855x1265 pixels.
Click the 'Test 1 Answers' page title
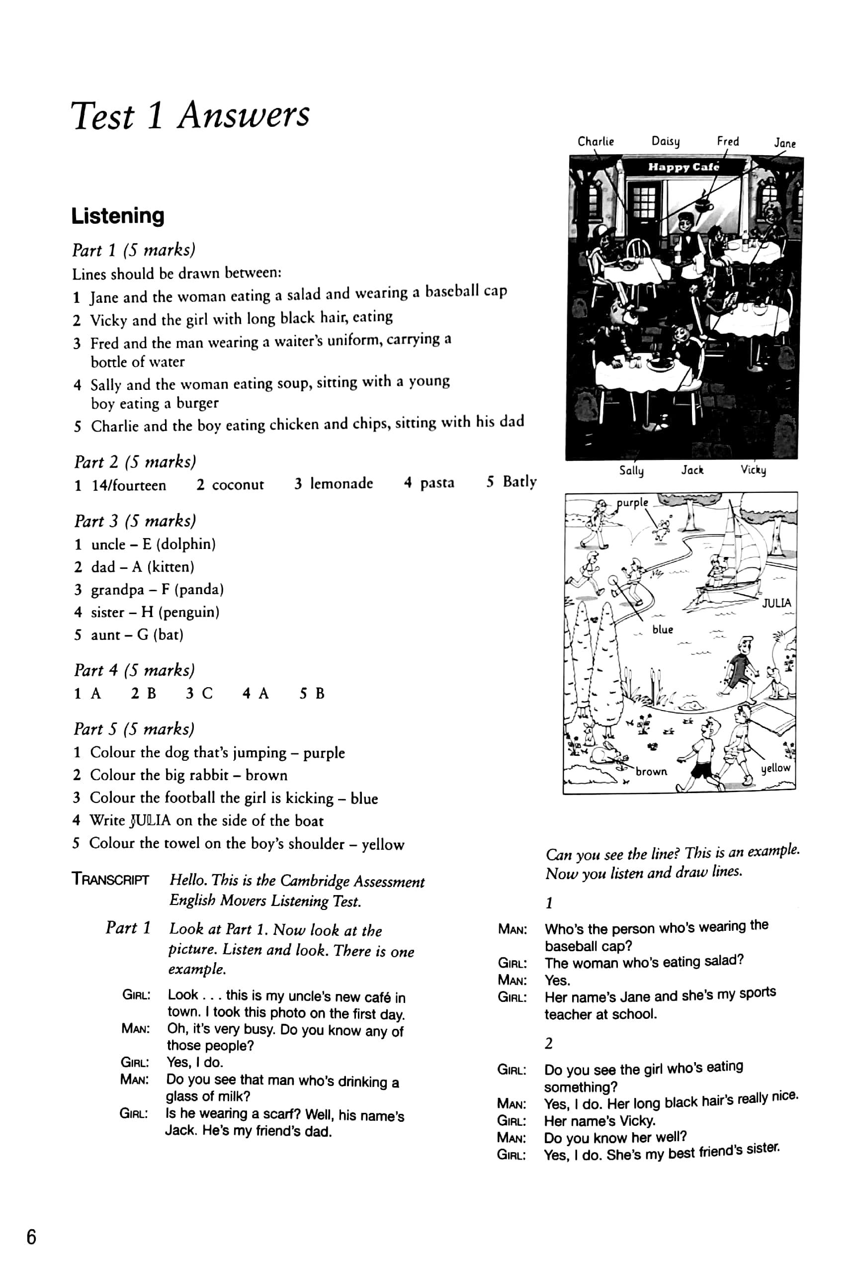(190, 115)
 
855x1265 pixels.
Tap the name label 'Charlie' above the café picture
(596, 142)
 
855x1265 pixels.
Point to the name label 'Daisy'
(666, 142)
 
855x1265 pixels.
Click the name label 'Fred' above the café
(728, 142)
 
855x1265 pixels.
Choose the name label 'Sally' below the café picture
(631, 470)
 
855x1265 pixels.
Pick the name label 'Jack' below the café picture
(692, 470)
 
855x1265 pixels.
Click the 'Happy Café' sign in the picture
(684, 167)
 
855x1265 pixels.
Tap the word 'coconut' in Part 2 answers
(238, 485)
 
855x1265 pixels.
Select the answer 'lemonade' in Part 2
(341, 483)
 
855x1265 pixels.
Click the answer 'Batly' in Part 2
(519, 482)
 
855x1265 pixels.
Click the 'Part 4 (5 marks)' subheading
(134, 670)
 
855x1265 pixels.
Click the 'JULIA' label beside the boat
(776, 603)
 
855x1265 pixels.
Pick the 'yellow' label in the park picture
(775, 768)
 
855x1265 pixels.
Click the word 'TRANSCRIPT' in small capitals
(110, 879)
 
